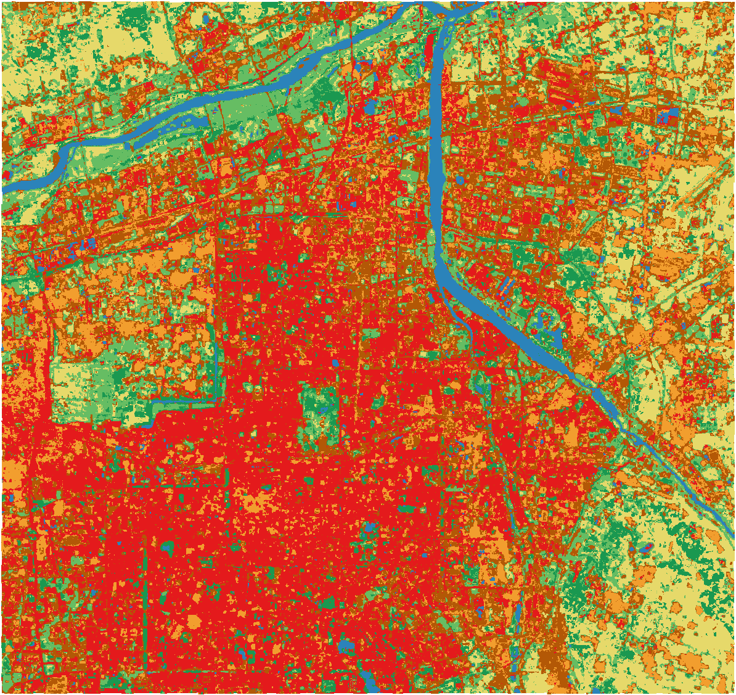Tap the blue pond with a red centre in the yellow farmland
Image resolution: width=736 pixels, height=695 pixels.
[646, 547]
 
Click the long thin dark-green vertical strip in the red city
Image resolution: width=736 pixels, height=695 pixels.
[146, 574]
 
